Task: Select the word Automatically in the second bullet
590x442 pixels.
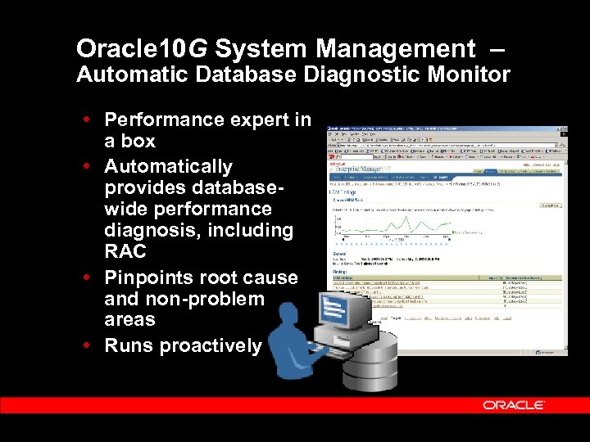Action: [169, 167]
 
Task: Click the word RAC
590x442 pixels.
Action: [125, 251]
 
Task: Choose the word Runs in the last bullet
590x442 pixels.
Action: [129, 346]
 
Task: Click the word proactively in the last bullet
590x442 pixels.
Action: [210, 346]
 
